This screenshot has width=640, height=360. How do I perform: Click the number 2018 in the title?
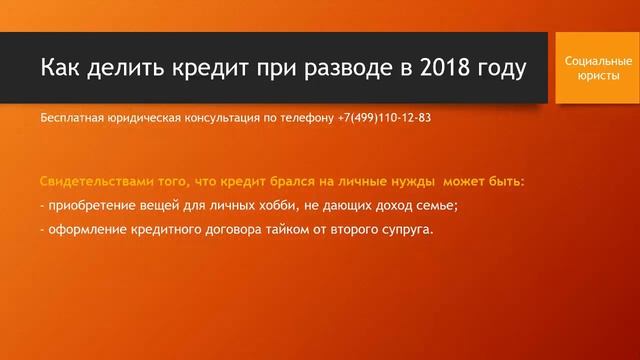click(x=445, y=68)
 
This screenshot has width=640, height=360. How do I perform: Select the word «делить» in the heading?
click(x=126, y=68)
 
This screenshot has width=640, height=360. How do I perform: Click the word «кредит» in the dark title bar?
click(x=205, y=68)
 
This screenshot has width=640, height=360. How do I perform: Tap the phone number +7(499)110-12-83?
click(x=382, y=118)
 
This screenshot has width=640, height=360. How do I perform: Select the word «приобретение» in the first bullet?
click(x=91, y=206)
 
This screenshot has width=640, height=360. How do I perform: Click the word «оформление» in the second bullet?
click(x=86, y=230)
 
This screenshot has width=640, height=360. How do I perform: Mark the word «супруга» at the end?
click(x=405, y=230)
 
